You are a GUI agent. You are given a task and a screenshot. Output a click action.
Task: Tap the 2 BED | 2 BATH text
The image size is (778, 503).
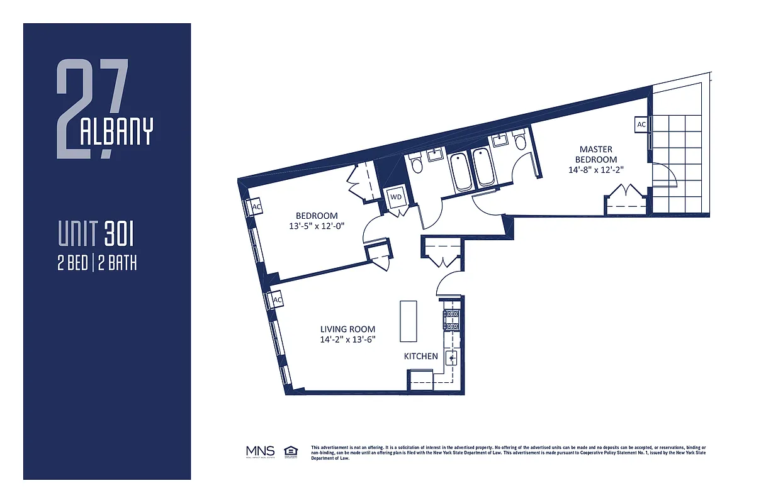tap(97, 263)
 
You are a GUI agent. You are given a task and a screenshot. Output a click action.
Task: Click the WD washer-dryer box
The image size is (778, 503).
tap(396, 197)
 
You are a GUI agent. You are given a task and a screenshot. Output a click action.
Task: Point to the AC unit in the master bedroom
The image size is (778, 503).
tap(641, 124)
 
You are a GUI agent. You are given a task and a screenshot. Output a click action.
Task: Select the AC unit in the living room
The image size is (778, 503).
tap(277, 301)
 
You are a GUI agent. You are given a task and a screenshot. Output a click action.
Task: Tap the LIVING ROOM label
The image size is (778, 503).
tap(347, 329)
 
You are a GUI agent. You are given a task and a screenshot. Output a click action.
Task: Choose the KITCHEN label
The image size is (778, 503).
tap(420, 356)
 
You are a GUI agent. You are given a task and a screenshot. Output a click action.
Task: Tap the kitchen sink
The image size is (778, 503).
tap(451, 358)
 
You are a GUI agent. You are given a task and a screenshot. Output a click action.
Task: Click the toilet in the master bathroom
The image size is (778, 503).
tap(520, 141)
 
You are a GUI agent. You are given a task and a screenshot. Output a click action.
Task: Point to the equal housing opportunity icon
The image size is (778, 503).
tap(291, 451)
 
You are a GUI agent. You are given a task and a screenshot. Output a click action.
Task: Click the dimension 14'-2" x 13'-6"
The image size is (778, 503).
tap(347, 340)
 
